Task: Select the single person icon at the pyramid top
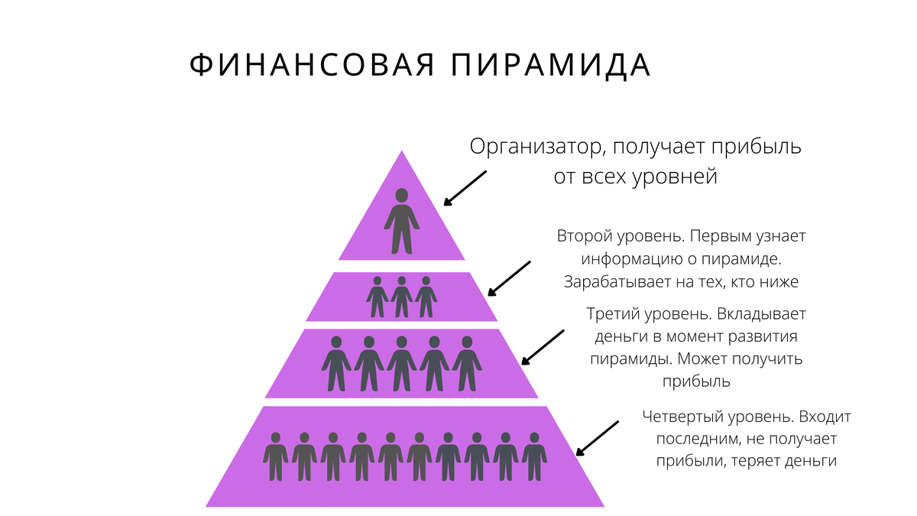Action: point(401,221)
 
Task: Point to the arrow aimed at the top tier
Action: point(465,188)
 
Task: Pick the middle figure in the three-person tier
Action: point(401,297)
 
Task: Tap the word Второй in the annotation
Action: point(583,236)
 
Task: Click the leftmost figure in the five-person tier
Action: point(335,364)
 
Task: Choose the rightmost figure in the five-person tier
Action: point(466,364)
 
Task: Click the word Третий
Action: point(612,313)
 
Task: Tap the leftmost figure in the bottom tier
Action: point(276,457)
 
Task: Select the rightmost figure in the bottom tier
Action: point(533,457)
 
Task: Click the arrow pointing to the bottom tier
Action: point(597,437)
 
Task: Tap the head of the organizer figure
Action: point(401,195)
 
